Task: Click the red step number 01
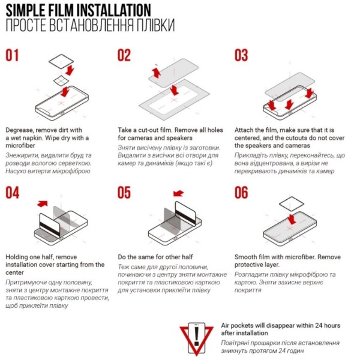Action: [12, 55]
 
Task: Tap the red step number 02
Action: [124, 55]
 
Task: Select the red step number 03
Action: [241, 55]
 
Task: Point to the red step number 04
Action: [13, 193]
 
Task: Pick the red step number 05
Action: [124, 193]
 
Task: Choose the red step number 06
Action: [241, 193]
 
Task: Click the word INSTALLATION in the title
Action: [113, 10]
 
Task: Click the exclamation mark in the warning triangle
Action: [196, 337]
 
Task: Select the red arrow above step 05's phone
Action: [178, 193]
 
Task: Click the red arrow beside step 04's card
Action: [43, 203]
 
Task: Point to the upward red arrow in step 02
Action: [157, 73]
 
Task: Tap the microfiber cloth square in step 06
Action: [292, 203]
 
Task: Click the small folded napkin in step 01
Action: [61, 80]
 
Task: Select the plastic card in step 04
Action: [50, 225]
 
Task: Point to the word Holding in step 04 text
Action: [17, 257]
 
